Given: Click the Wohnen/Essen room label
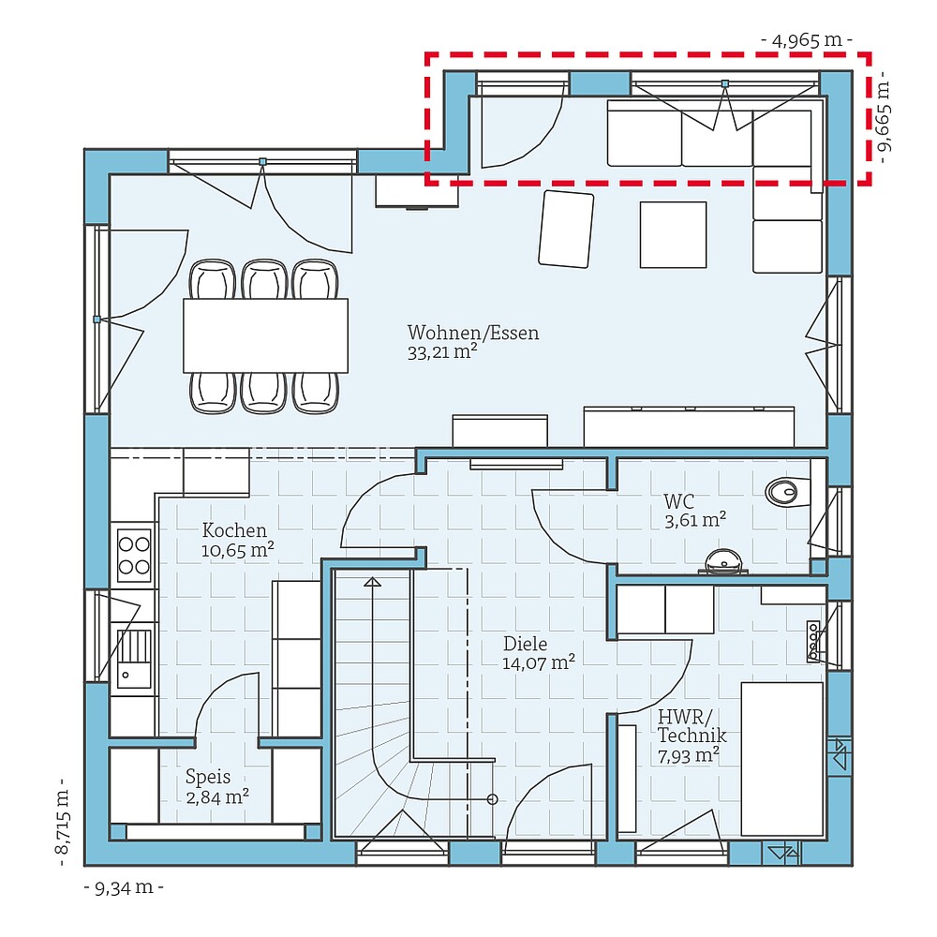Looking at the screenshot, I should (x=472, y=334).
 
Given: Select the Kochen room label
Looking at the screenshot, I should (x=234, y=530).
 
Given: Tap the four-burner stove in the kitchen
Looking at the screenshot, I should (x=134, y=555).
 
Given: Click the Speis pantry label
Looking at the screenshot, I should (x=207, y=777).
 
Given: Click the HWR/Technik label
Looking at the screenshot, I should (x=692, y=726).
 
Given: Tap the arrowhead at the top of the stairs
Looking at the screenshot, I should (x=373, y=583).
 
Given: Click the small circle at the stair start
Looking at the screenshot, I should (x=492, y=799).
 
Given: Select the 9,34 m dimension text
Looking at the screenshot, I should (x=124, y=886).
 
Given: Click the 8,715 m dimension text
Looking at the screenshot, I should (x=62, y=823).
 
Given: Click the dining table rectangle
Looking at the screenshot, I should (x=265, y=335).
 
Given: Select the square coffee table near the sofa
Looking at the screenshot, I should (x=673, y=234).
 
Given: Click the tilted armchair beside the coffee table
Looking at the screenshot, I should (x=566, y=229).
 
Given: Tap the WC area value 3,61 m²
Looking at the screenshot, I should (x=695, y=518).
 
